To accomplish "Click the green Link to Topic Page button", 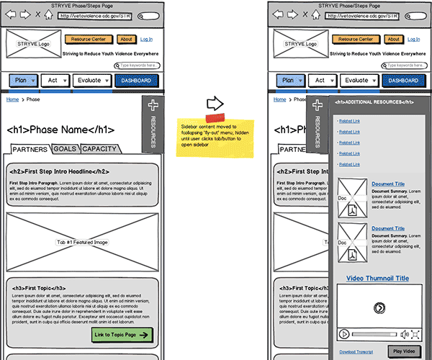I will click(x=122, y=335).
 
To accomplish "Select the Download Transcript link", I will click(x=356, y=351).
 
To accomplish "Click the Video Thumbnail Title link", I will click(x=377, y=278).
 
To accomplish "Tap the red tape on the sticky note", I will click(x=215, y=117).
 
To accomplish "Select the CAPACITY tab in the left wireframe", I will click(x=99, y=149).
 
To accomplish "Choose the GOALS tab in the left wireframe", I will click(x=65, y=149).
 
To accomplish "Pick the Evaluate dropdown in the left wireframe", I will click(x=91, y=81).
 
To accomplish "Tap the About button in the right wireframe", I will click(x=393, y=39).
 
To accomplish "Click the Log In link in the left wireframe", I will click(x=147, y=39).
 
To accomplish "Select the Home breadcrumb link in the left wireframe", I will click(x=12, y=100).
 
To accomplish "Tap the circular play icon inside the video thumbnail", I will click(x=379, y=307).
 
